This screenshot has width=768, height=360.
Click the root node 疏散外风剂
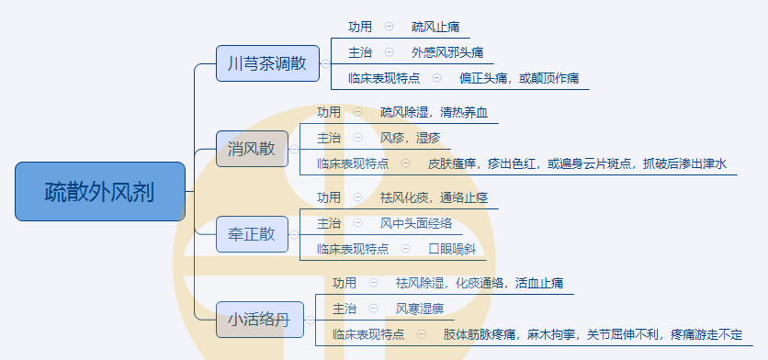coord(100,192)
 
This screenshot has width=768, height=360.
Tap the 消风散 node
coord(251,149)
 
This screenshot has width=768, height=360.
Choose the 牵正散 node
coord(251,233)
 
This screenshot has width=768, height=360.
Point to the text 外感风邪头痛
coord(447,52)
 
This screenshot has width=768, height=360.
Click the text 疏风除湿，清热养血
coord(435,112)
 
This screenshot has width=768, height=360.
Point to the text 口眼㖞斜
coord(452,249)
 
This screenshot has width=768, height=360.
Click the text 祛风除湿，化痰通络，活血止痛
coord(480,283)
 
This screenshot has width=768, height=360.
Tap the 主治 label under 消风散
coord(328,138)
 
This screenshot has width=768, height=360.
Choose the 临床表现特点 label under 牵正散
coord(352,249)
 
